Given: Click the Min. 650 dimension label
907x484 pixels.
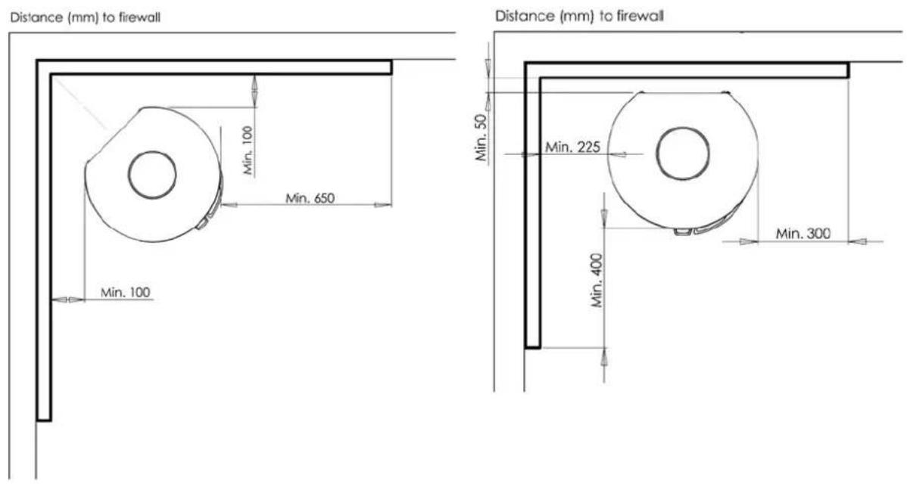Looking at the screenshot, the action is (310, 198).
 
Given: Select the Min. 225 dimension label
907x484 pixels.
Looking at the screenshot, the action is (572, 147).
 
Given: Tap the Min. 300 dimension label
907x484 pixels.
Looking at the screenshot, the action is (803, 234).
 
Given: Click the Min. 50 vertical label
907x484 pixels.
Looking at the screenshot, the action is (482, 136).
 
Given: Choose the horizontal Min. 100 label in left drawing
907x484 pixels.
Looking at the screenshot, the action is (126, 292).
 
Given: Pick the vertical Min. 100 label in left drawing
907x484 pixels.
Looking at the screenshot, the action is (248, 150).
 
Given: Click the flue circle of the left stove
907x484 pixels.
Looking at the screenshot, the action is (153, 174).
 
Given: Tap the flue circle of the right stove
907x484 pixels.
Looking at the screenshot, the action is (683, 154).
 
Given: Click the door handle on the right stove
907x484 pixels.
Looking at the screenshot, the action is (683, 231).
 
